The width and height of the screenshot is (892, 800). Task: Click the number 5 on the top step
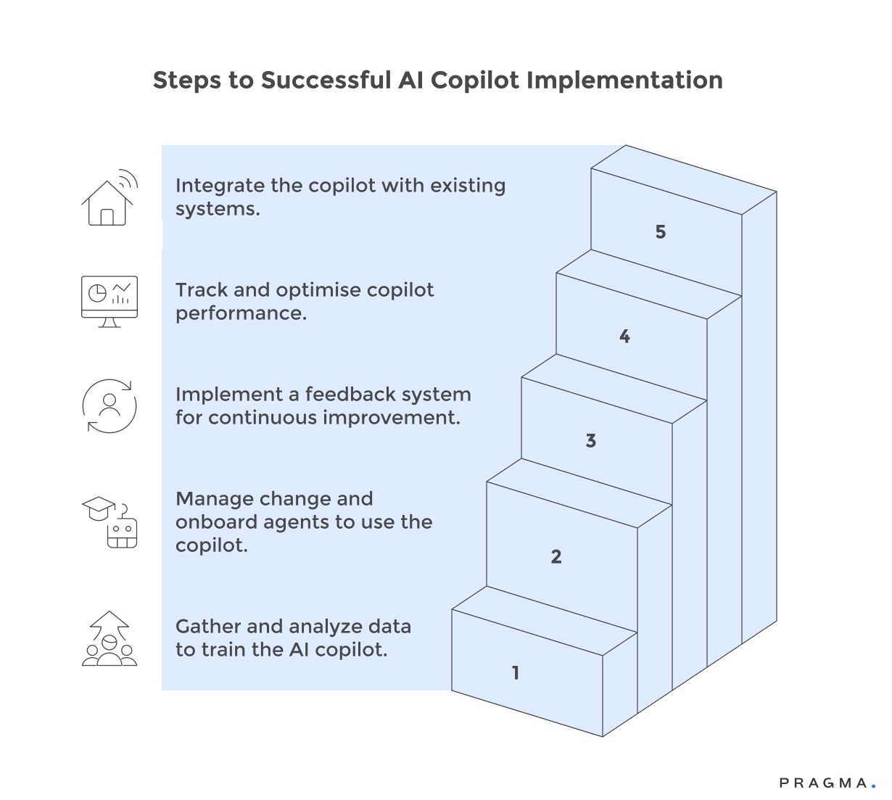click(660, 232)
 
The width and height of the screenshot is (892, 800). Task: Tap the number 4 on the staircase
click(624, 337)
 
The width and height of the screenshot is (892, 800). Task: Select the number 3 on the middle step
click(590, 441)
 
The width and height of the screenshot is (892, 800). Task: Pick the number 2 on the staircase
click(556, 557)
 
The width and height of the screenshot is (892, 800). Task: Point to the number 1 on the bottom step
click(516, 673)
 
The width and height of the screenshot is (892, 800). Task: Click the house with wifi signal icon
click(109, 197)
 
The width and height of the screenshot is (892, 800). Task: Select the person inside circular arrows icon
click(110, 405)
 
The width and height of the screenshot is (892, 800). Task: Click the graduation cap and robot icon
click(110, 522)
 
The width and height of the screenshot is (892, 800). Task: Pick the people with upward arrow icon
click(110, 638)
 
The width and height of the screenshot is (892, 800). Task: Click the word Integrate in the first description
click(220, 186)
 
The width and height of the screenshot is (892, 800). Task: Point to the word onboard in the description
click(215, 522)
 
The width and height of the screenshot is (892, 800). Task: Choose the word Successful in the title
click(326, 80)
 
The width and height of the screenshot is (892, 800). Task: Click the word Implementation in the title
click(624, 80)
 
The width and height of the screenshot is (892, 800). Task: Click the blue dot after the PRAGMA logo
click(873, 785)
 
